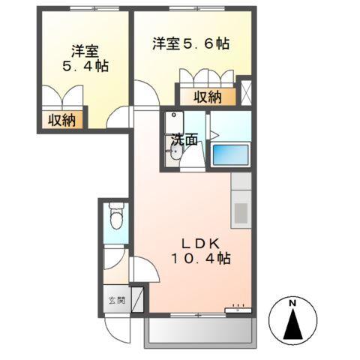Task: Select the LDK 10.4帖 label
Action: [197, 250]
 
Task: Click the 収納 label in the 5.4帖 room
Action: [63, 119]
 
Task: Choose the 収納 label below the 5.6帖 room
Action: [209, 95]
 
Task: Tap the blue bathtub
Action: [231, 155]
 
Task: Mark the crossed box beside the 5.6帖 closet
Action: [245, 91]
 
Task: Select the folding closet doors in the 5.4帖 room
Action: [63, 97]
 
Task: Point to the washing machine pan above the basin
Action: [175, 121]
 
